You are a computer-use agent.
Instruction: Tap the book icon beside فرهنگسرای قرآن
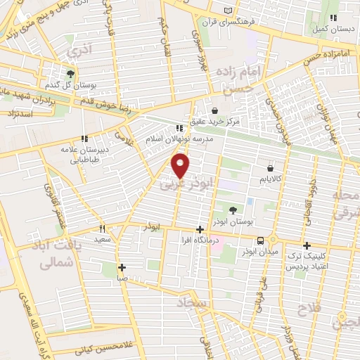point(227,9)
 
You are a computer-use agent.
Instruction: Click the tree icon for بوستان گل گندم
point(70,72)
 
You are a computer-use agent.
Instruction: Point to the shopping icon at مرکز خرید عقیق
point(214,110)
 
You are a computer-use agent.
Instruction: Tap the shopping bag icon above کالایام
point(271,168)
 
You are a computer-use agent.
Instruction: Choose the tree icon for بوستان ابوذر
point(233,210)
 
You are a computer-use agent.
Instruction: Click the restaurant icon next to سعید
point(103,229)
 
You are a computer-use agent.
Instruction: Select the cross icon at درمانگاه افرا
point(200,229)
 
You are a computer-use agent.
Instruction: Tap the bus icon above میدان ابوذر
point(261,239)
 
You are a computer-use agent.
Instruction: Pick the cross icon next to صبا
point(122,267)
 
